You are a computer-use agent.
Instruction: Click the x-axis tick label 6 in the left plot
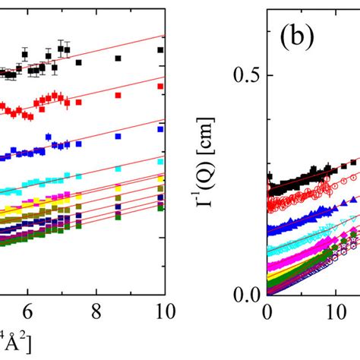pos(27,311)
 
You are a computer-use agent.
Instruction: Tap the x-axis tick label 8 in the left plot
pos(95,311)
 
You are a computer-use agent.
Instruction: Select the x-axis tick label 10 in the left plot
pos(159,311)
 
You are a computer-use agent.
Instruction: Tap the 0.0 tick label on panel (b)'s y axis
pos(243,294)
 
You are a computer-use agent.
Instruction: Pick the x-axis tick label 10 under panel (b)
pos(333,311)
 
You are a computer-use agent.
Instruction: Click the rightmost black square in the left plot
pos(160,50)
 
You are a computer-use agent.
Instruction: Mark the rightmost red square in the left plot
pos(160,87)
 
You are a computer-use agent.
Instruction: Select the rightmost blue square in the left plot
pos(160,129)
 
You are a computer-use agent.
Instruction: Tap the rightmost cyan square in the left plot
pos(160,161)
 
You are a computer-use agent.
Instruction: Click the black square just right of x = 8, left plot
pos(118,58)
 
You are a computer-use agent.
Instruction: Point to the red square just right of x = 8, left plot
pos(118,99)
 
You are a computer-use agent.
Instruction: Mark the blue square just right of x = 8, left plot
pos(118,137)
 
